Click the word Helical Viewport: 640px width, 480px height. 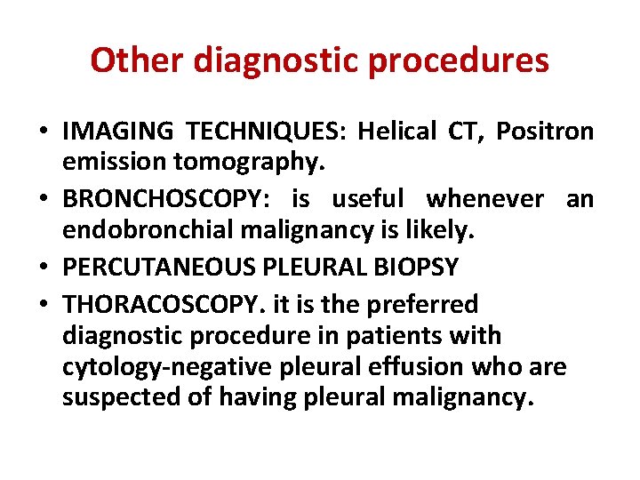click(x=397, y=132)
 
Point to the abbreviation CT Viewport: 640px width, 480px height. click(x=468, y=132)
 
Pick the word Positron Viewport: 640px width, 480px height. click(x=545, y=132)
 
